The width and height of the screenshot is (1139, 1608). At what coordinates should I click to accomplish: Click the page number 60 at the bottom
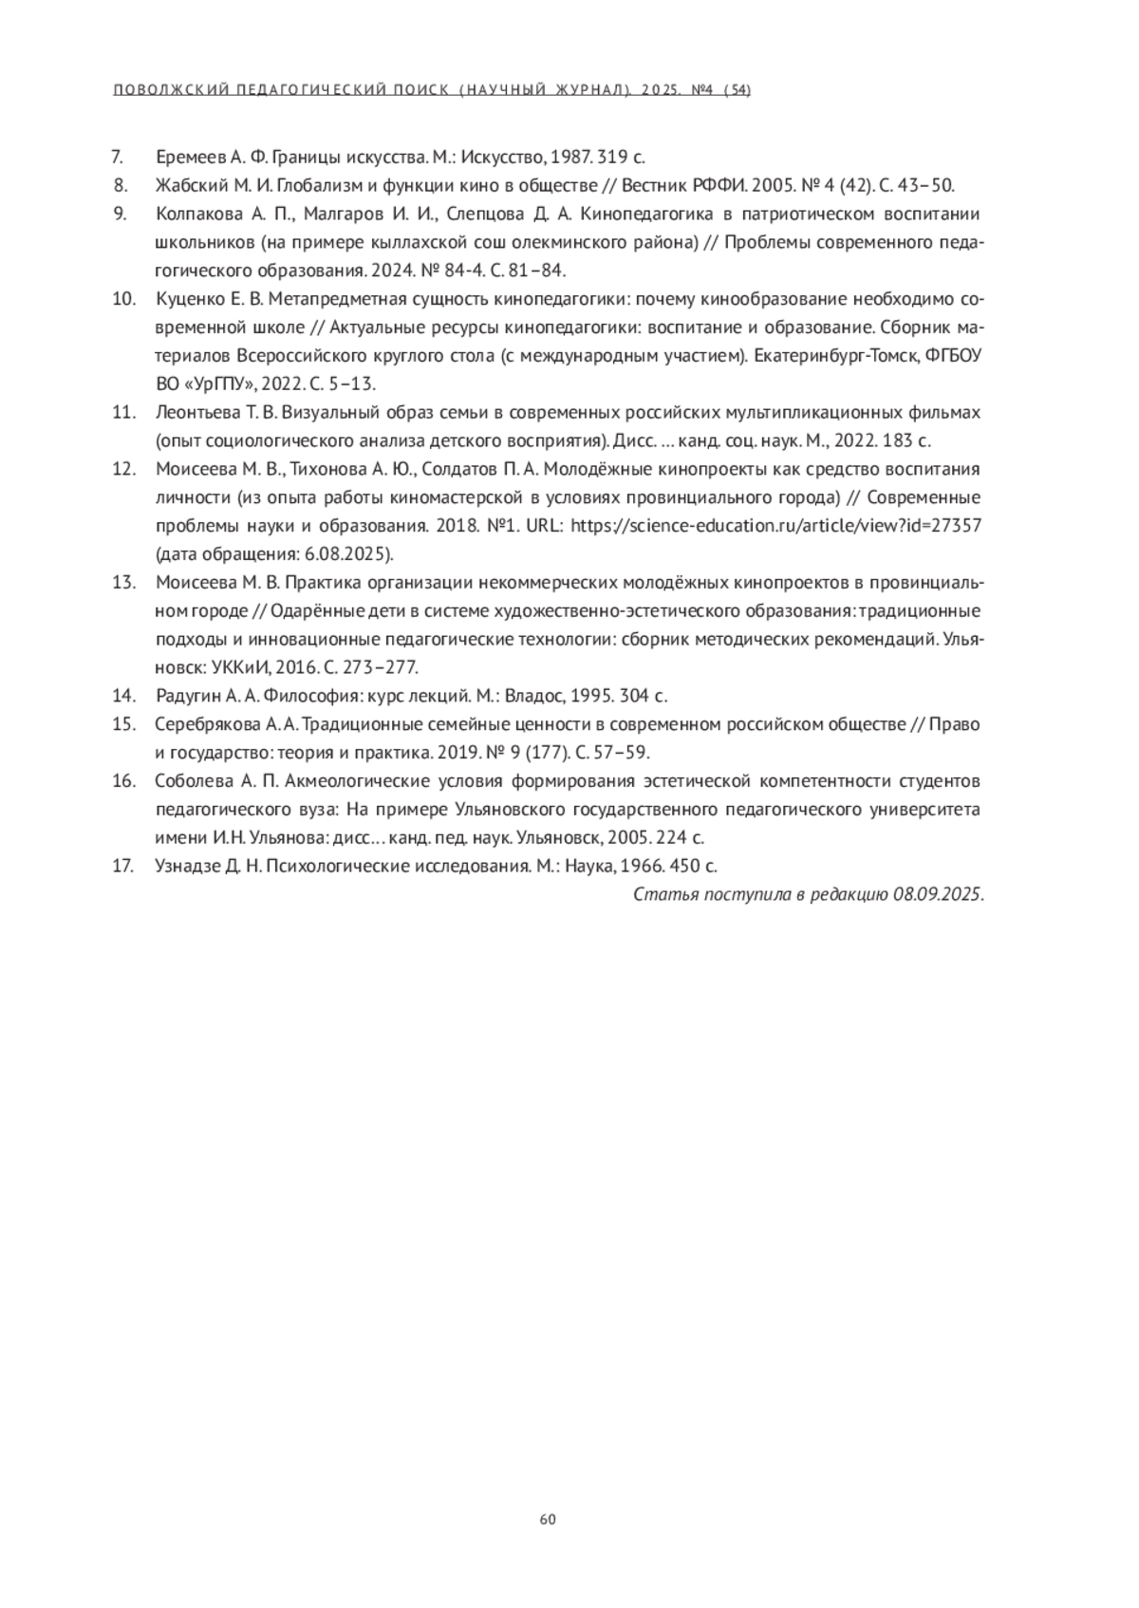[x=548, y=1519]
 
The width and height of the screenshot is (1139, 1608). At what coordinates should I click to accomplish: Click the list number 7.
[x=119, y=157]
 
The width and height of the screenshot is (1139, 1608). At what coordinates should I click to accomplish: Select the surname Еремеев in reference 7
[x=190, y=157]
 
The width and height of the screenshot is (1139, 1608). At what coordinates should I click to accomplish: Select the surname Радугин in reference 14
[x=186, y=696]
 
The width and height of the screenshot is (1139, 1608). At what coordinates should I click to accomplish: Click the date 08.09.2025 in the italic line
[x=937, y=894]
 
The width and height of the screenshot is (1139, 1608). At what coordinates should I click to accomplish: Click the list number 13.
[x=124, y=583]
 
